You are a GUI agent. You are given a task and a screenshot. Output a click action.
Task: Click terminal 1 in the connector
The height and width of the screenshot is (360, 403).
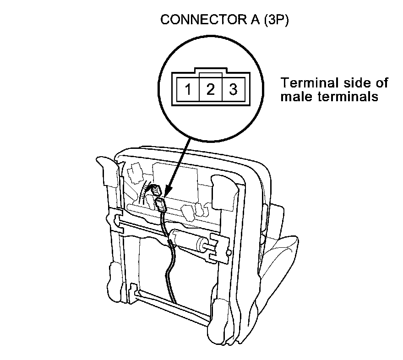[188, 89]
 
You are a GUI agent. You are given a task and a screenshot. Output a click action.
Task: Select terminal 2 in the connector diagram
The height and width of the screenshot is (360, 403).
[210, 89]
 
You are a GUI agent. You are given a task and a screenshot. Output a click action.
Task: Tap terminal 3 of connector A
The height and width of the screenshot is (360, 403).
[233, 89]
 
